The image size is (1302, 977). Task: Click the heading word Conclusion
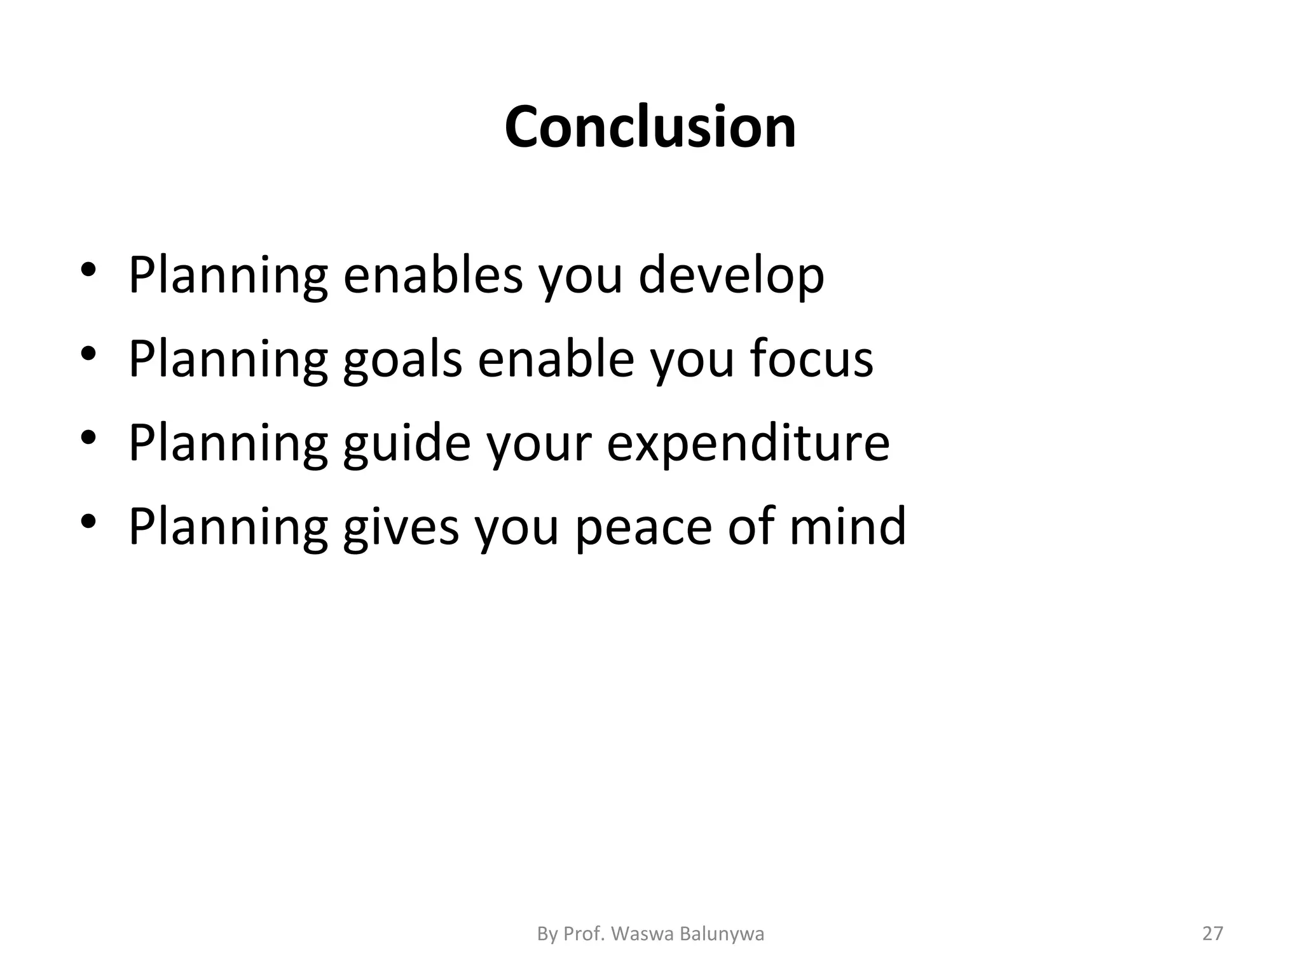click(x=650, y=127)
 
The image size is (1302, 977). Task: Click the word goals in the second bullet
click(x=402, y=359)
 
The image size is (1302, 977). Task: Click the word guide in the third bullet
click(x=407, y=443)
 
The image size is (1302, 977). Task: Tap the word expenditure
click(x=748, y=443)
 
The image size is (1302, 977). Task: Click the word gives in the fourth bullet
click(x=401, y=527)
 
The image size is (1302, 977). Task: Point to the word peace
click(x=643, y=527)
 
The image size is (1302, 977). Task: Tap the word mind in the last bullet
click(x=847, y=526)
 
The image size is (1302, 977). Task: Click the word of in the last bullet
click(x=750, y=526)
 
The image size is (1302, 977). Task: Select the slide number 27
click(x=1213, y=934)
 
